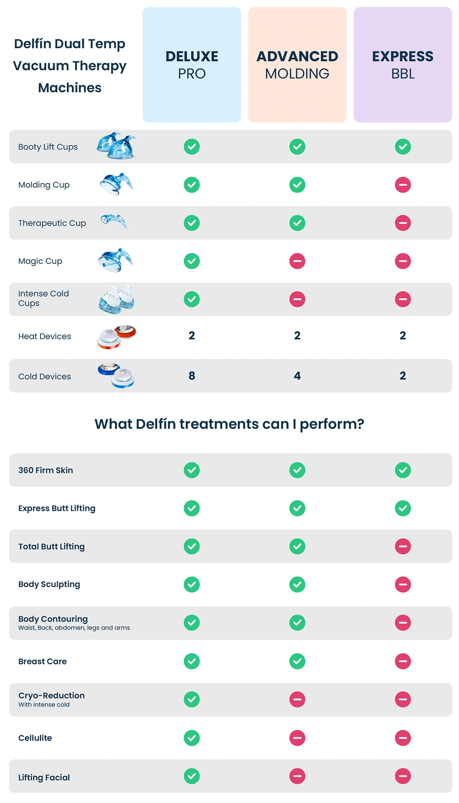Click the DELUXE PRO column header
tap(192, 65)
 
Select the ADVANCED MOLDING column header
tap(297, 65)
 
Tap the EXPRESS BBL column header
tap(403, 65)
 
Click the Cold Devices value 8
tap(192, 376)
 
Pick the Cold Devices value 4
tap(297, 376)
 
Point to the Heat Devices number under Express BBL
tap(403, 335)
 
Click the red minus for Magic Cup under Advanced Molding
tap(297, 261)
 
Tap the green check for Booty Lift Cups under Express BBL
tap(403, 147)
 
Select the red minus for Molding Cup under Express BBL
tap(403, 185)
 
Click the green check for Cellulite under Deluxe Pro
tap(192, 738)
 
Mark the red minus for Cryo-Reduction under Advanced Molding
tap(297, 699)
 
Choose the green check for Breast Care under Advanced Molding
tap(297, 661)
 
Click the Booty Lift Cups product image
tap(116, 146)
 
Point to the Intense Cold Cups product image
tap(116, 299)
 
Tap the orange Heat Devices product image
tap(116, 337)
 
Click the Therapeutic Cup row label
tap(52, 223)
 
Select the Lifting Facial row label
tap(44, 778)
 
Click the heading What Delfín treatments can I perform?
tap(229, 424)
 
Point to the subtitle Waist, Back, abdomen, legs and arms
tap(74, 628)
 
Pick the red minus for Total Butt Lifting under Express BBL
tap(403, 546)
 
